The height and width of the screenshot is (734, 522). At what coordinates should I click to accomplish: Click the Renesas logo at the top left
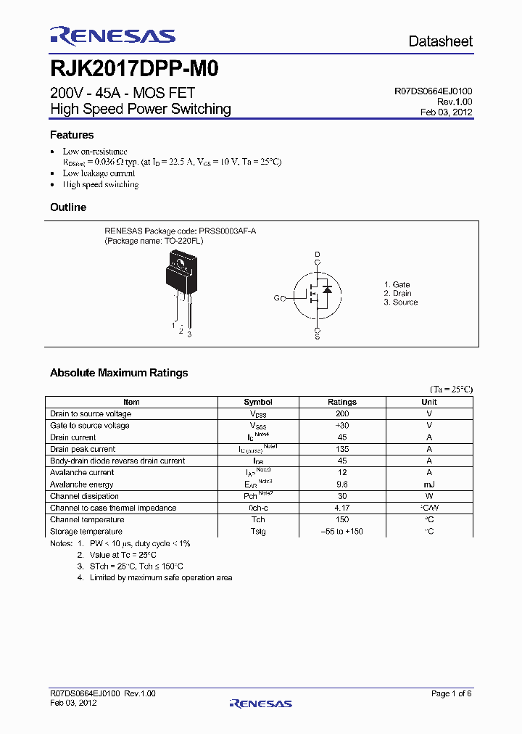point(112,36)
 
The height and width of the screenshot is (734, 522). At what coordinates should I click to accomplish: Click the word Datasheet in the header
point(440,41)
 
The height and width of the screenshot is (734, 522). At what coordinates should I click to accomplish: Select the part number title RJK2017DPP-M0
point(134,70)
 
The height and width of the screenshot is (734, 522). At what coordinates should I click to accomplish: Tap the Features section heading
point(72,135)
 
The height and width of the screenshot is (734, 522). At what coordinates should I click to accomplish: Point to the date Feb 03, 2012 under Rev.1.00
point(446,112)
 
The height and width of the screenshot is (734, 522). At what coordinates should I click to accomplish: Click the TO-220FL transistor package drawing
point(178,283)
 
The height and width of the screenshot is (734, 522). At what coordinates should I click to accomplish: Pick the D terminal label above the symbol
point(317,255)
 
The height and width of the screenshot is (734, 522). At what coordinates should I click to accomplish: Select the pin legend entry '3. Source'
point(401,302)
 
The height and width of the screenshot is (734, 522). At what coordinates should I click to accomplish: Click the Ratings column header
point(342,402)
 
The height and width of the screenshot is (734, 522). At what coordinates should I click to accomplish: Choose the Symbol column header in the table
point(258,402)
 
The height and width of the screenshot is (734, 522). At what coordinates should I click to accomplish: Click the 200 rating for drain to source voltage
point(342,413)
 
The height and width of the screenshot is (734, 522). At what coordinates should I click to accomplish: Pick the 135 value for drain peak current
point(342,449)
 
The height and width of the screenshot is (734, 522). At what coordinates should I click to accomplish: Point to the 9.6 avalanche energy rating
point(342,484)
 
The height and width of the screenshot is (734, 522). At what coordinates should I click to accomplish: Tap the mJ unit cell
point(429,484)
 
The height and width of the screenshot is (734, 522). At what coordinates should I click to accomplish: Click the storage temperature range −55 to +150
point(342,532)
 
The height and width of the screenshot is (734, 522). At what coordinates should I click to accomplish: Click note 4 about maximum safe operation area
point(154,578)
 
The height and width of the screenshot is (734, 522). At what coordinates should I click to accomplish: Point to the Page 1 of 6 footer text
point(451,694)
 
